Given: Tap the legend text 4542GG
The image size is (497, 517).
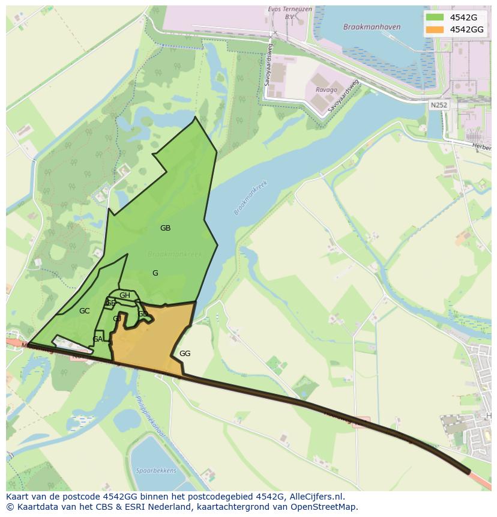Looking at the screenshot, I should (x=466, y=29).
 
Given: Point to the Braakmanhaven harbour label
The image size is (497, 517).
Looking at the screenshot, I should (x=363, y=27).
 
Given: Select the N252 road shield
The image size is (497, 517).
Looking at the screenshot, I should (x=439, y=104).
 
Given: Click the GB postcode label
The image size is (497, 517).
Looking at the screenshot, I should (x=165, y=228).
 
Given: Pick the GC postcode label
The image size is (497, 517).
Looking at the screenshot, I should (x=84, y=311).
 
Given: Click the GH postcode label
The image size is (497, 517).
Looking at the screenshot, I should (x=124, y=295).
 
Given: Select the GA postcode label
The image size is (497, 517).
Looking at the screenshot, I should (x=97, y=339).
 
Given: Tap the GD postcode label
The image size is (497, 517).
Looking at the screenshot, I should (x=142, y=314).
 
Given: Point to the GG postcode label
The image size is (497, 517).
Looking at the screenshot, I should (x=185, y=354).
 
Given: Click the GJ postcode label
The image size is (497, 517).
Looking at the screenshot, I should (x=117, y=319).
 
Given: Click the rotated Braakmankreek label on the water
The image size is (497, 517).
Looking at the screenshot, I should (x=250, y=198).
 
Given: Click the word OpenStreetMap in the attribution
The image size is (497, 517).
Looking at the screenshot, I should (x=324, y=507).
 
